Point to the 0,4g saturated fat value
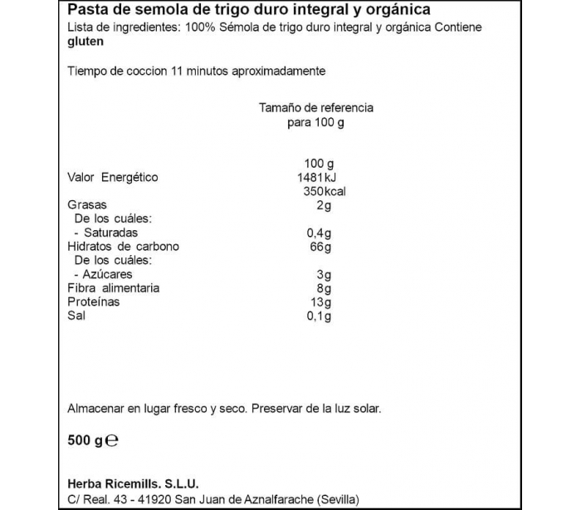tap(320, 233)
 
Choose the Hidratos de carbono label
tap(124, 247)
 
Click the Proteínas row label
tap(93, 302)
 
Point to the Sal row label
tap(76, 316)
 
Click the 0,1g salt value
tap(320, 316)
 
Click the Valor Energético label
tap(112, 178)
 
